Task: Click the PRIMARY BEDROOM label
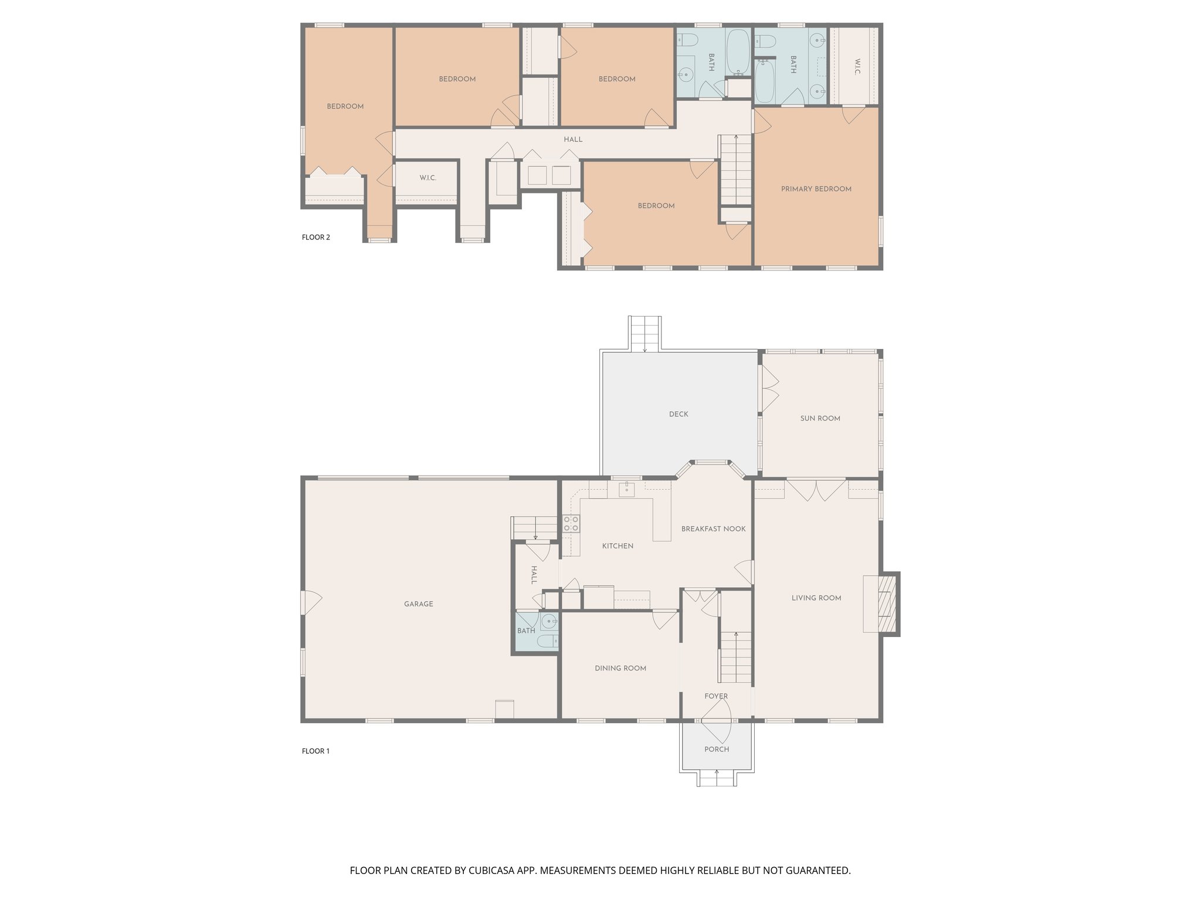click(816, 189)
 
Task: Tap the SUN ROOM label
click(820, 418)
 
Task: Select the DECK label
click(678, 414)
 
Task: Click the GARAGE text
click(418, 604)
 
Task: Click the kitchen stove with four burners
click(571, 524)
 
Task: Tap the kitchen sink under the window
click(626, 489)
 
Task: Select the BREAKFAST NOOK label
click(713, 529)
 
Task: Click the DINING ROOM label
click(620, 668)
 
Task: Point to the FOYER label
click(716, 696)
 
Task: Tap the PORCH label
click(717, 749)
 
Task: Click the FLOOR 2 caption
click(315, 237)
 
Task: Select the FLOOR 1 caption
click(315, 751)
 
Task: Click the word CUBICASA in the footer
click(492, 870)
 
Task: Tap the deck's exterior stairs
click(645, 333)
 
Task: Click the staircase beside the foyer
click(735, 657)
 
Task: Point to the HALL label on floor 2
click(573, 140)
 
